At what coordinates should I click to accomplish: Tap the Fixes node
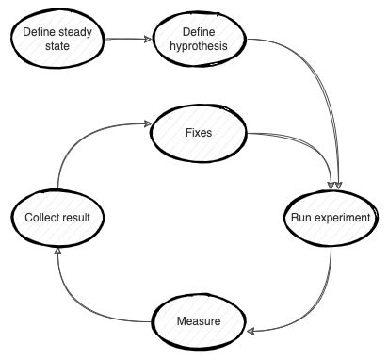pos(200,132)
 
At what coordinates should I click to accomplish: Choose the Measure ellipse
pos(199,321)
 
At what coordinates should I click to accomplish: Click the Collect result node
pos(57,218)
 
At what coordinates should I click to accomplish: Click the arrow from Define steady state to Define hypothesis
pos(127,40)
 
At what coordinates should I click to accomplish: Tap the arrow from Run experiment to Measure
pos(320,302)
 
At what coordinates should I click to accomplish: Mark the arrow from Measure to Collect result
pos(80,302)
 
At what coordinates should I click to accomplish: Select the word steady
pos(74,30)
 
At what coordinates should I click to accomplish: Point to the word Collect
pos(35,218)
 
